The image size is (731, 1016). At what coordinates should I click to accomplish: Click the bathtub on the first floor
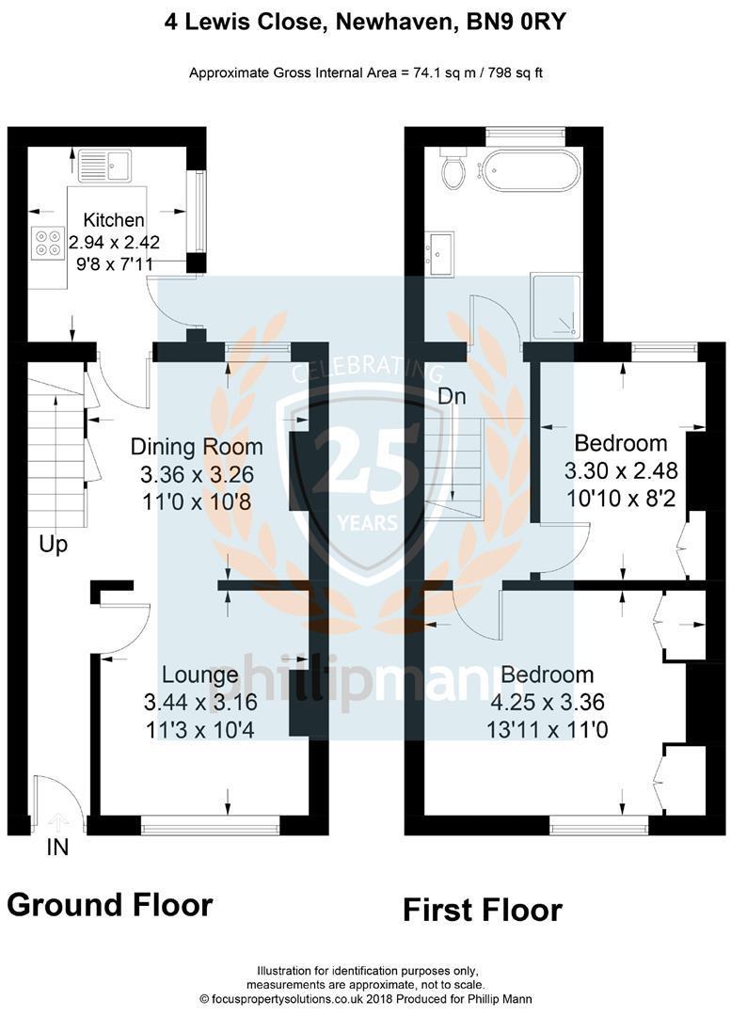524,172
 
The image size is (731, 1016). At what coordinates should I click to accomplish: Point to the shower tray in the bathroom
556,306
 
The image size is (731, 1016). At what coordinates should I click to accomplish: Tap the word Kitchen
114,220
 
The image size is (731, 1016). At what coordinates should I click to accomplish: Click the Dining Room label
197,446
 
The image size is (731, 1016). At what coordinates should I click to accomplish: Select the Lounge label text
199,675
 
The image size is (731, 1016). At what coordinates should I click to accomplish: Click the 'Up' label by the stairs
54,545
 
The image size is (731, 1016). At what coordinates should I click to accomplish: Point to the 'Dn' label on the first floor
453,397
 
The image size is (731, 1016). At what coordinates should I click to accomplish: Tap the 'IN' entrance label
57,848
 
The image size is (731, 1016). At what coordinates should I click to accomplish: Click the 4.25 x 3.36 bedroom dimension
547,701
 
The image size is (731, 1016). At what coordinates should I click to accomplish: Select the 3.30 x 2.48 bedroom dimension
620,468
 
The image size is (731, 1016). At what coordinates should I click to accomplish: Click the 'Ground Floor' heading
110,905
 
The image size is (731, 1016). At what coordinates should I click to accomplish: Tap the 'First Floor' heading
483,910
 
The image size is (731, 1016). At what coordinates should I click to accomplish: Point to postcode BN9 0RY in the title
516,21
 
